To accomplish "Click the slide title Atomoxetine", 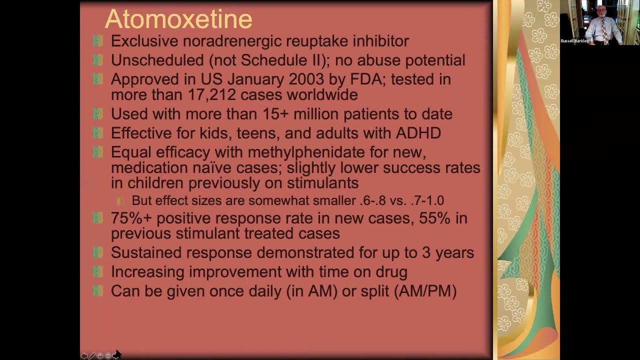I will click(178, 19).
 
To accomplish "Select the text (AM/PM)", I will click(425, 291).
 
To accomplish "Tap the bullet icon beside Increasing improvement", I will click(98, 271).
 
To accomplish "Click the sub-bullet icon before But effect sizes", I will click(120, 200).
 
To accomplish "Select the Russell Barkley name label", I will click(574, 41).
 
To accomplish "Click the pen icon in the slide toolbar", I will click(92, 355).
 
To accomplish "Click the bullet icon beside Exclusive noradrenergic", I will click(98, 41).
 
